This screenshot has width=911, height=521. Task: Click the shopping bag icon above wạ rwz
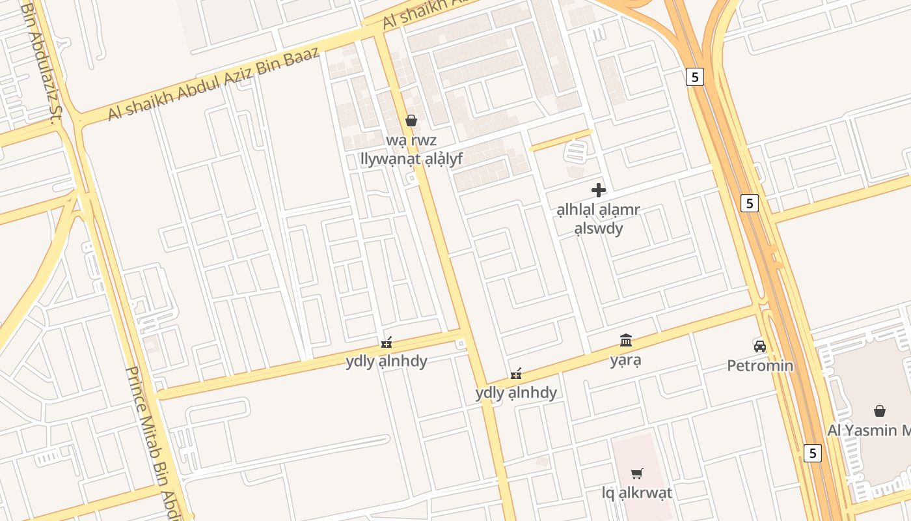(x=411, y=120)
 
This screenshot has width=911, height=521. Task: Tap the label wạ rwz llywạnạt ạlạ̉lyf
(x=411, y=149)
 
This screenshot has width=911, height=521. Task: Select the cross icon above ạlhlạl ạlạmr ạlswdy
(x=598, y=190)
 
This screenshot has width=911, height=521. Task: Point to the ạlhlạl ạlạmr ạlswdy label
(x=598, y=219)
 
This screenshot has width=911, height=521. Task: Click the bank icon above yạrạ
(x=626, y=340)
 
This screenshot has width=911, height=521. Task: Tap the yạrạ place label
(x=626, y=360)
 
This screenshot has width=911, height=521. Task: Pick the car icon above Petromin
(x=759, y=345)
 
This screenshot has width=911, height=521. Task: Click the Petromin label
(x=760, y=365)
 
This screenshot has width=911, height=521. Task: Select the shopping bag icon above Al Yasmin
(x=880, y=410)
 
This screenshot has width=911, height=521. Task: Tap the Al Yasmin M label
(x=869, y=430)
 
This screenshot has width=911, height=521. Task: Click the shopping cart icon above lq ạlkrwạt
(x=637, y=473)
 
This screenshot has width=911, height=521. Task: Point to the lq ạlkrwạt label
(x=637, y=493)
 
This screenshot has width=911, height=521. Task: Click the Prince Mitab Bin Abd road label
(x=155, y=443)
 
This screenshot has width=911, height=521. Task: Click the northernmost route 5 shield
(x=695, y=77)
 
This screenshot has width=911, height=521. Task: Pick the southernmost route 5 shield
(x=812, y=453)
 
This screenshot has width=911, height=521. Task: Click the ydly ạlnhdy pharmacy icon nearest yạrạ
(x=517, y=374)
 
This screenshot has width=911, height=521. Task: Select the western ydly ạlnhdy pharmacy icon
(x=387, y=342)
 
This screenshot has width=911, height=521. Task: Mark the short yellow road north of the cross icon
(x=560, y=139)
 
